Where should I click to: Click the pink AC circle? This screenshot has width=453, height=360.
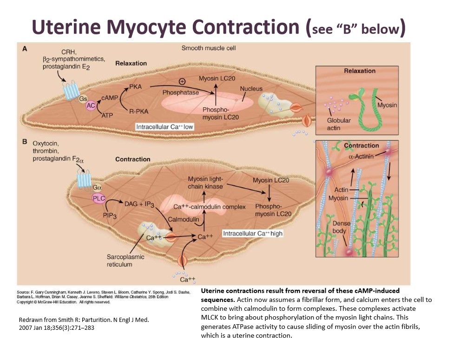(x=91, y=106)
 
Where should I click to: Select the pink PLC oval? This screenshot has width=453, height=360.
(x=98, y=198)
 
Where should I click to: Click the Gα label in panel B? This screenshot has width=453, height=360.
(x=97, y=187)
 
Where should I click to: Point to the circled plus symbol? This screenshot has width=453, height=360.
(x=182, y=81)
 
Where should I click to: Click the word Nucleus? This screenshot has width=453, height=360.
(x=251, y=89)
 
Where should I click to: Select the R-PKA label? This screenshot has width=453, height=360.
(x=138, y=111)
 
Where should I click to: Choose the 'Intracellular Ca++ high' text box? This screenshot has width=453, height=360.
(x=253, y=233)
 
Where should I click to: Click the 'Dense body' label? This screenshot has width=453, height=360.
(x=341, y=227)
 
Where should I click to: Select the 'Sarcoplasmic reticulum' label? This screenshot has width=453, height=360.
(x=125, y=261)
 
